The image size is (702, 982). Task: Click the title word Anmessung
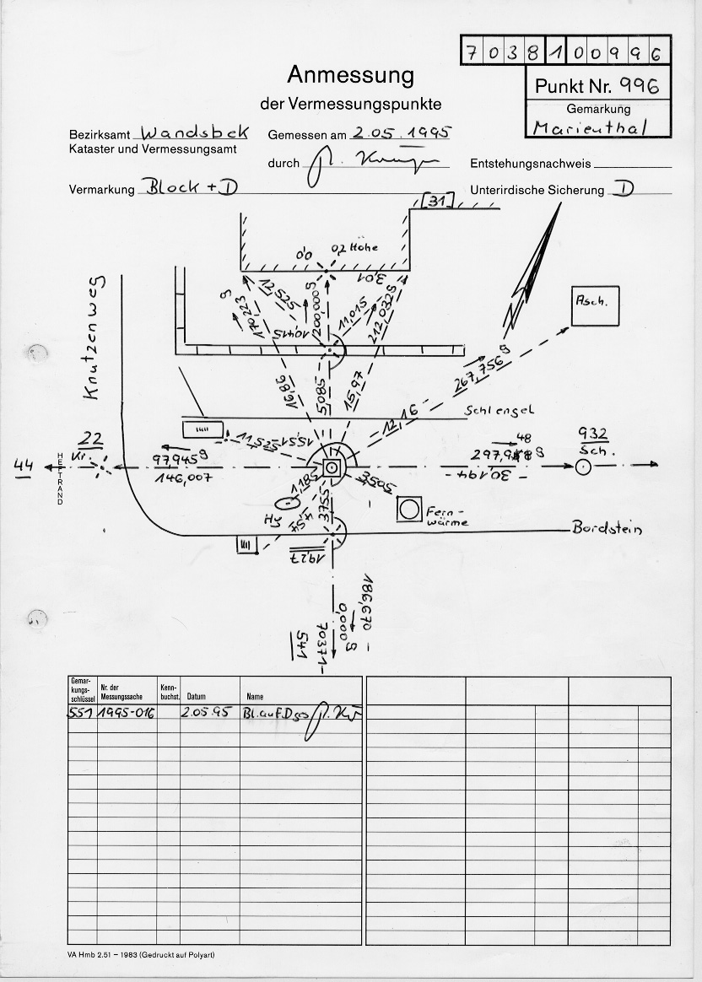350,75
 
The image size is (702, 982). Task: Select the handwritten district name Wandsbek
195,133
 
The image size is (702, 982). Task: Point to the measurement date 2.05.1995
401,132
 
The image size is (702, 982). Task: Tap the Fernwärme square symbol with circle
411,509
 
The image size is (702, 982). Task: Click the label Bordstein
607,529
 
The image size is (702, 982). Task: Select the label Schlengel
499,411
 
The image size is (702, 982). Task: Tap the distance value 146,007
182,478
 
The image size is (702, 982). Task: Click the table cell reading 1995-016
126,712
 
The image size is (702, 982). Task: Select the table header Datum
197,697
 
